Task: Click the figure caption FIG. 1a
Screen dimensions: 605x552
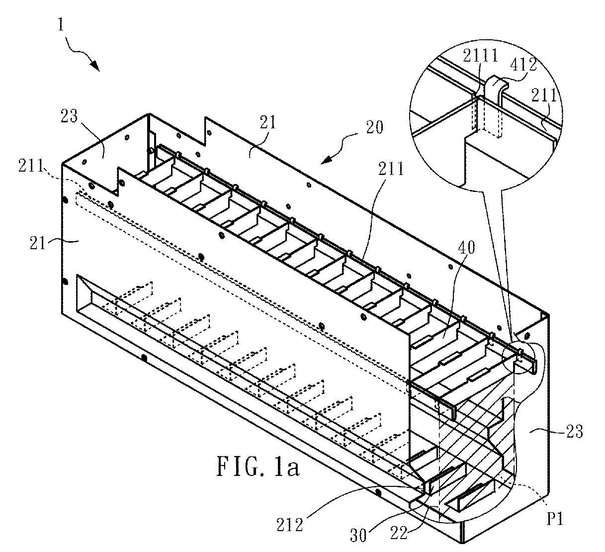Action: (x=258, y=466)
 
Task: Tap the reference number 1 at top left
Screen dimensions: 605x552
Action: (x=61, y=24)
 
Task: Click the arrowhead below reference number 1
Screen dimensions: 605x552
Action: (x=95, y=66)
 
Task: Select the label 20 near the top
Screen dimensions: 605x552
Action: (x=374, y=127)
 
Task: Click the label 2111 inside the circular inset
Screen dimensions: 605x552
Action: (x=480, y=56)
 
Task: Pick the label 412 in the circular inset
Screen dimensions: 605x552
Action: (x=524, y=64)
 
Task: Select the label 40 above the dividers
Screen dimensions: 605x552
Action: (x=466, y=247)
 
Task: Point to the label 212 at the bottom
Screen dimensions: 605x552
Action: (x=289, y=525)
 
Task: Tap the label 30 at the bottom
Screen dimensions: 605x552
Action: (x=358, y=535)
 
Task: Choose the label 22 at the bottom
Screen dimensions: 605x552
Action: (x=399, y=533)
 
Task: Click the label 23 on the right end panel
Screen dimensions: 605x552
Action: (x=574, y=431)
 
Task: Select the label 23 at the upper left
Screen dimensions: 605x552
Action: (x=69, y=116)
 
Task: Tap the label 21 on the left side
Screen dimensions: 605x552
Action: (x=37, y=243)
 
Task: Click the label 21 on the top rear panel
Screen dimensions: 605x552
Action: (x=268, y=122)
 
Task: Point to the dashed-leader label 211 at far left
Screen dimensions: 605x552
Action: (x=31, y=166)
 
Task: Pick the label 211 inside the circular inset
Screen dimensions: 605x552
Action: (x=543, y=95)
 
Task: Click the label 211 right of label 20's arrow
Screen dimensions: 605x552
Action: (x=391, y=169)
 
